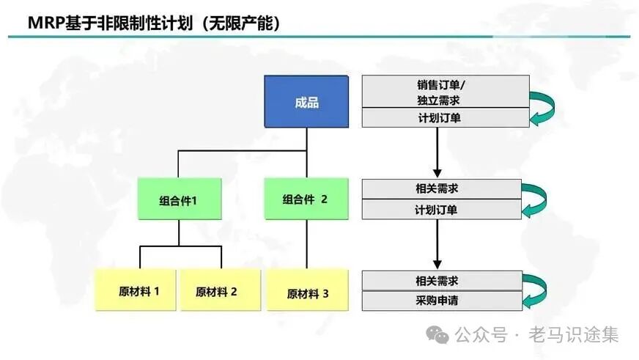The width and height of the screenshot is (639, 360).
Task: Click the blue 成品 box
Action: coord(306,103)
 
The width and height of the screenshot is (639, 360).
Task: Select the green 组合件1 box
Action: coord(179,199)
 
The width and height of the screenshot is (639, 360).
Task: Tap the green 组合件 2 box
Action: coord(306,199)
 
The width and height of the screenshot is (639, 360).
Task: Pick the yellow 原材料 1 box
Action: coord(137,290)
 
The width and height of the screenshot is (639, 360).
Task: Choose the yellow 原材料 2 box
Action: coord(216,290)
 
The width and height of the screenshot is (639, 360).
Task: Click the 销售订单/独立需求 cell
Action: coord(446,92)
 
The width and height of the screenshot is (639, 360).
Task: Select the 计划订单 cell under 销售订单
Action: coord(446,117)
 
